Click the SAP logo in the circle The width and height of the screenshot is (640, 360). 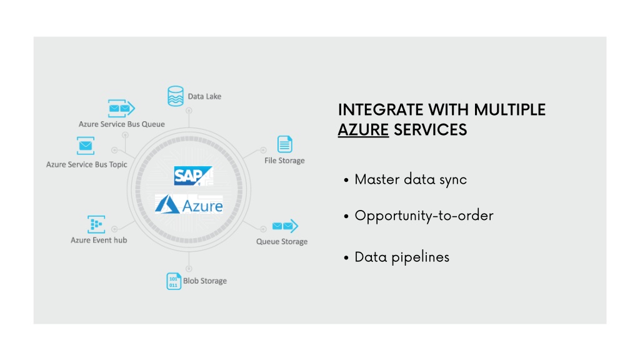(x=193, y=176)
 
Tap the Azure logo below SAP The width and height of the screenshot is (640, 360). (x=189, y=204)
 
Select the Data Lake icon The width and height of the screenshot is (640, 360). (x=176, y=96)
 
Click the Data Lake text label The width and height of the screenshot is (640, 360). (x=204, y=96)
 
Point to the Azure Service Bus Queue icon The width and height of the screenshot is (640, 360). (x=121, y=108)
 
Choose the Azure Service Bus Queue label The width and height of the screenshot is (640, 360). (x=122, y=124)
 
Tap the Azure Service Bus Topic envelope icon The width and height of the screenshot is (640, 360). (x=86, y=146)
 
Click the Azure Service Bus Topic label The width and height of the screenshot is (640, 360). (x=86, y=164)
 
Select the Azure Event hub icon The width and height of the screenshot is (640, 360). (x=96, y=224)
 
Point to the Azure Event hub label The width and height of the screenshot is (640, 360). (x=99, y=240)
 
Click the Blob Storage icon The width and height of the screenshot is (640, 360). (x=174, y=281)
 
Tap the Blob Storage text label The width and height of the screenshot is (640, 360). (x=205, y=281)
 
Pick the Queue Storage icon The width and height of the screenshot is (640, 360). (x=285, y=226)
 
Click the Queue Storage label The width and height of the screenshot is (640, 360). (x=282, y=242)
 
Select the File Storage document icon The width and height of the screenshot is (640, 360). (x=285, y=144)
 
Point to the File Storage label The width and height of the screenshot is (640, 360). (x=284, y=161)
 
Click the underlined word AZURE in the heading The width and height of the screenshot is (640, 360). (x=363, y=130)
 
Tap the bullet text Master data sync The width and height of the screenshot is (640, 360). (x=411, y=179)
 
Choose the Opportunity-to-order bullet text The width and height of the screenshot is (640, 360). (x=424, y=216)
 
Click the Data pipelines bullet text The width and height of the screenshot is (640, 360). (x=402, y=257)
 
